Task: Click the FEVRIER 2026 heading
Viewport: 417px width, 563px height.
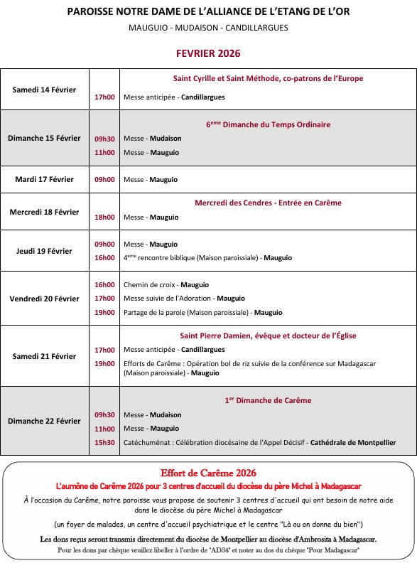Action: tap(208, 53)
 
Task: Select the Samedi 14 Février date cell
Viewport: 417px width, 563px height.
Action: tap(44, 90)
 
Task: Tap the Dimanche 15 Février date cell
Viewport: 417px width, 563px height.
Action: tap(44, 138)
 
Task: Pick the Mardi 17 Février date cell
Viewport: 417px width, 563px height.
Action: tap(44, 179)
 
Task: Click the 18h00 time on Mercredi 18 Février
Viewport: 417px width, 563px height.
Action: tap(104, 217)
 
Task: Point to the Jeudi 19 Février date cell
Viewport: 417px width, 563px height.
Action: tap(44, 251)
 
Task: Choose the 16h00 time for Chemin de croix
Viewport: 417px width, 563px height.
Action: tap(104, 284)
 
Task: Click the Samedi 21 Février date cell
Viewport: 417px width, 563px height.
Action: tap(44, 356)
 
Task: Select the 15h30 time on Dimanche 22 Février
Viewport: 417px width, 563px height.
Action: tap(104, 442)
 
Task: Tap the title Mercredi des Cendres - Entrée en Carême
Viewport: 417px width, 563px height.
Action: tap(268, 203)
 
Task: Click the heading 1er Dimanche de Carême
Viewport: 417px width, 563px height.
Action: tap(268, 400)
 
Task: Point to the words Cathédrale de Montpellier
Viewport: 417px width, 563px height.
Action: tap(353, 442)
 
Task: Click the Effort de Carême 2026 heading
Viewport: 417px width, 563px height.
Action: tap(208, 473)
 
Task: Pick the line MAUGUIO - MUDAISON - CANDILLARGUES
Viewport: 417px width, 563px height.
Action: tap(208, 28)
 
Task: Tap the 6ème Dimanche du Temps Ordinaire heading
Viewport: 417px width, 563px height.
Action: tap(268, 124)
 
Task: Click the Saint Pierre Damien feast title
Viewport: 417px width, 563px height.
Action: tap(268, 336)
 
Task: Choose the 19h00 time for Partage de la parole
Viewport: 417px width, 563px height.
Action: tap(104, 312)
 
